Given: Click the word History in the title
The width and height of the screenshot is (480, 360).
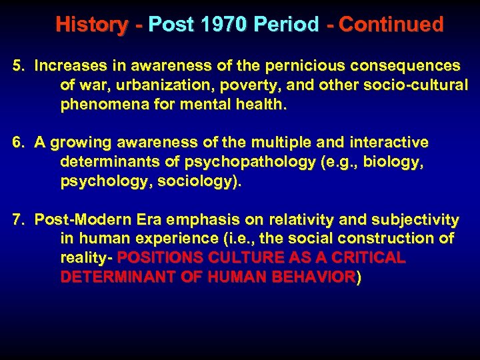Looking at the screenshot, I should coord(91,25).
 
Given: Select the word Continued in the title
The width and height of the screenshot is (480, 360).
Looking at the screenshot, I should coord(391,25).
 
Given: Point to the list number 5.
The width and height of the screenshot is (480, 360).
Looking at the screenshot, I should coord(18,66).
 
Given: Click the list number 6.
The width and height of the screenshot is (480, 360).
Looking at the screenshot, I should coord(18,143).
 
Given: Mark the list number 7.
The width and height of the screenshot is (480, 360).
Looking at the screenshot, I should coord(18,220).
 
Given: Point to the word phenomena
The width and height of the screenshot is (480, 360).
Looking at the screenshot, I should coord(101,105).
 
